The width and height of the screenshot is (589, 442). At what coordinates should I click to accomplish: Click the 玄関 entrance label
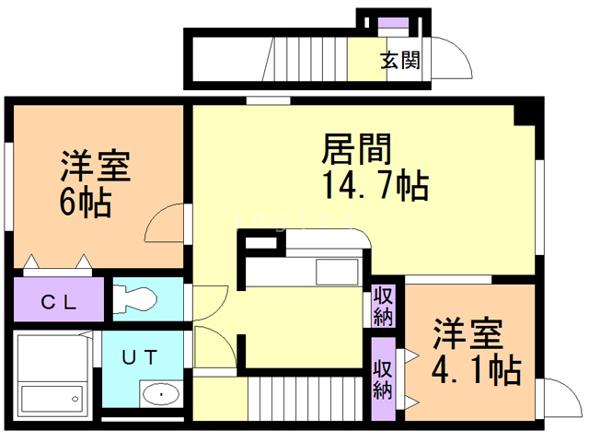pyautogui.click(x=400, y=62)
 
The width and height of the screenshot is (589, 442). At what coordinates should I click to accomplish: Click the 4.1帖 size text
pyautogui.click(x=476, y=370)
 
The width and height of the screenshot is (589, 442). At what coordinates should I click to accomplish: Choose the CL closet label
pyautogui.click(x=59, y=301)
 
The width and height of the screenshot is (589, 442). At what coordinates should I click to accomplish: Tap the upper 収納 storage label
pyautogui.click(x=384, y=307)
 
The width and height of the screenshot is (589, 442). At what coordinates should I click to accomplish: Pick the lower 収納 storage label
pyautogui.click(x=384, y=378)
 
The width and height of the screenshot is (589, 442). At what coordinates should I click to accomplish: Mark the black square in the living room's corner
pyautogui.click(x=525, y=116)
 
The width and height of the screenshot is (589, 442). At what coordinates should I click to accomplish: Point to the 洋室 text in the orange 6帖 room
pyautogui.click(x=95, y=166)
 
